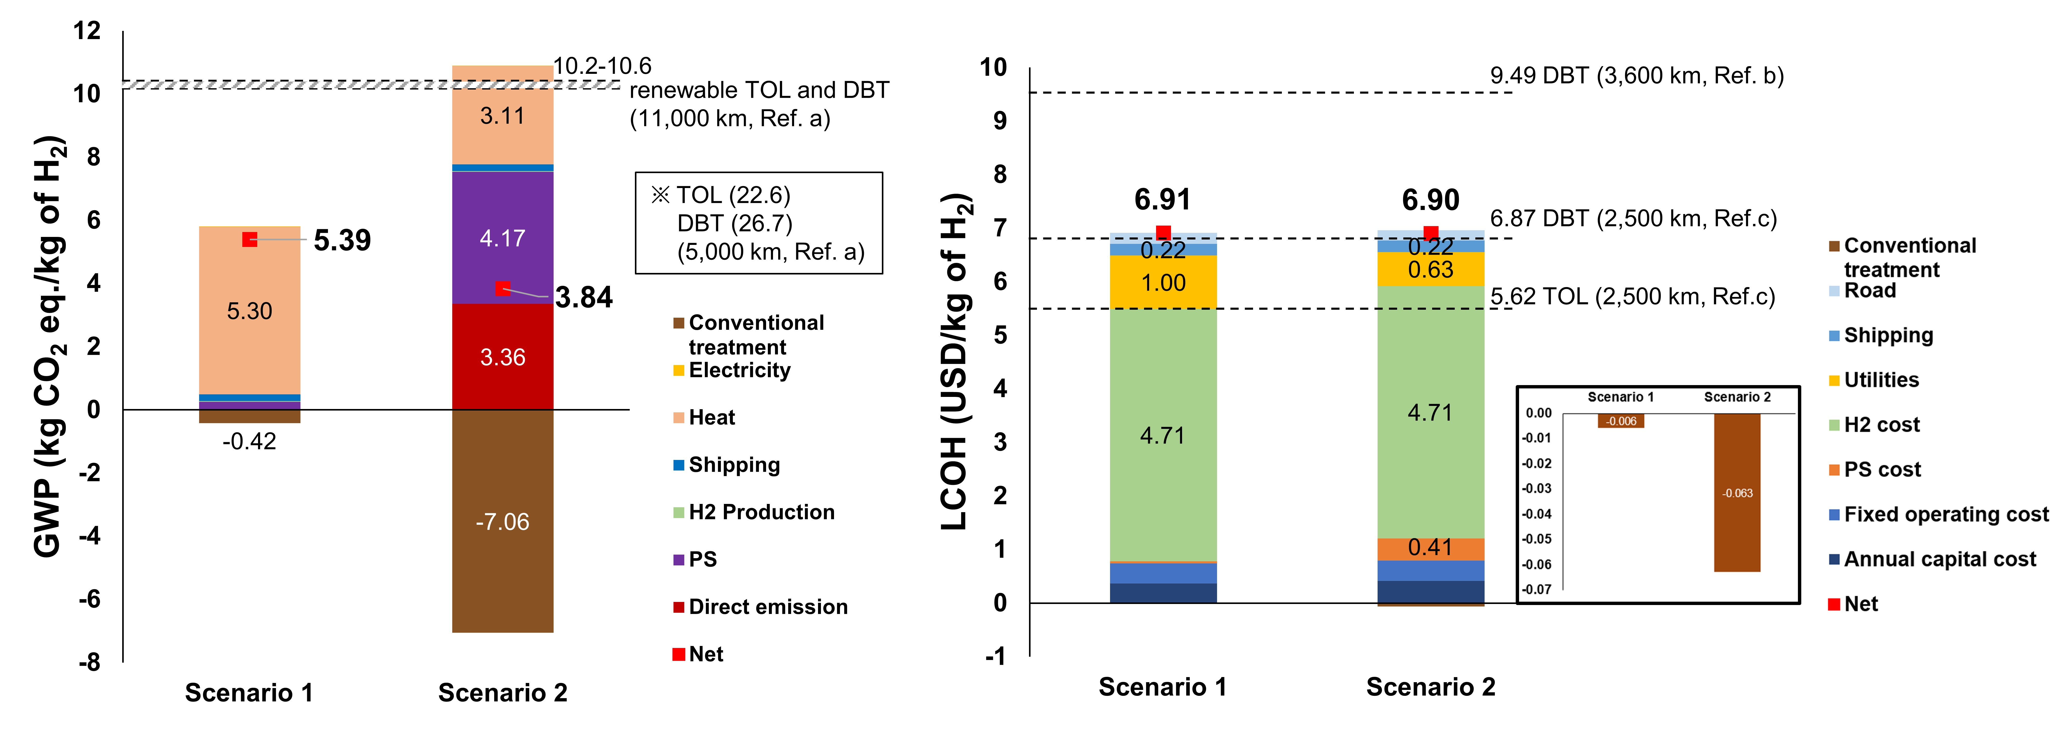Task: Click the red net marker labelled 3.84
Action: click(502, 288)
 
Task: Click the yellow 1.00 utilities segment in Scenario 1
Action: click(1163, 283)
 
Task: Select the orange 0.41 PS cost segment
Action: click(1430, 548)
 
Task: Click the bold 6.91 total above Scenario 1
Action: click(1163, 200)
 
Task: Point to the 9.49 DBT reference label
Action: click(1636, 76)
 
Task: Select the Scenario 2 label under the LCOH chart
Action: click(1430, 687)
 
